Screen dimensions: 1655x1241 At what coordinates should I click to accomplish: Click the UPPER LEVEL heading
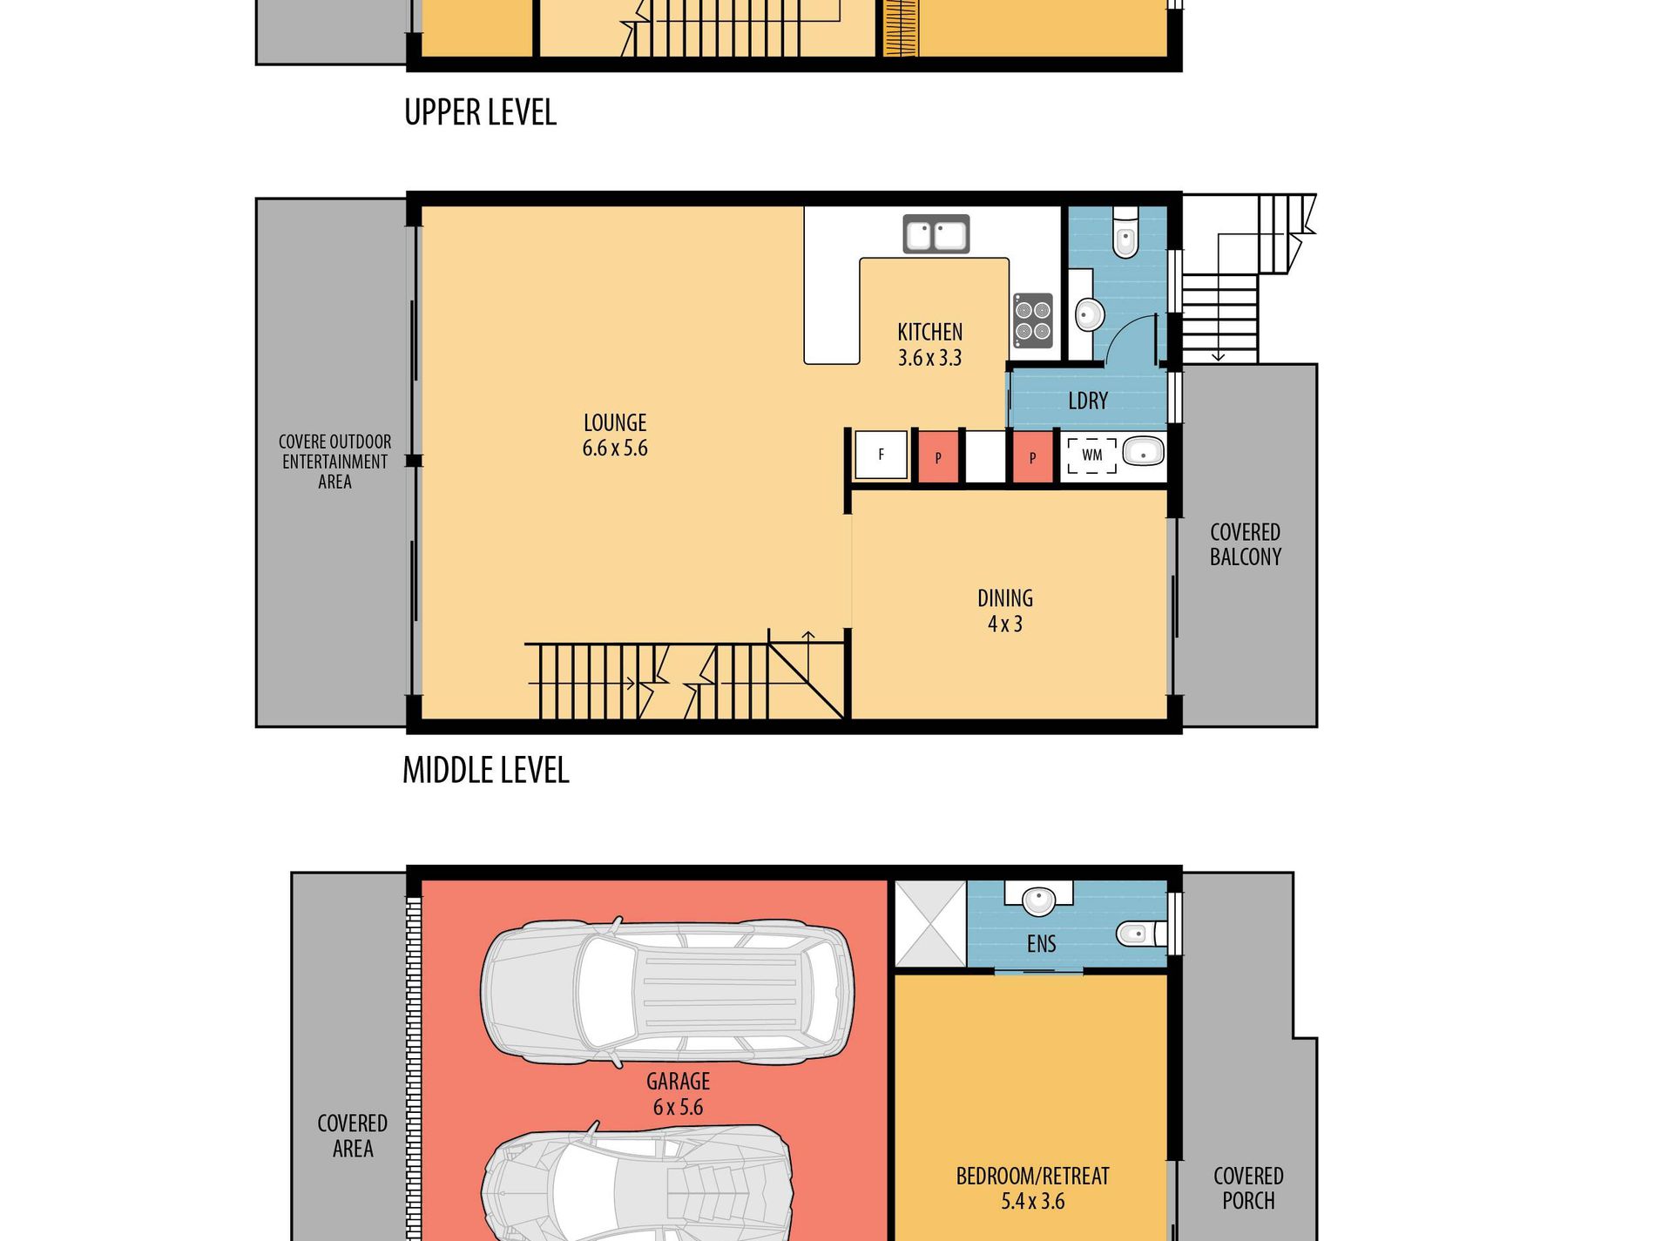(x=480, y=112)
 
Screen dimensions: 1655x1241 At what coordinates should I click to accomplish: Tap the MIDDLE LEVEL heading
(x=485, y=770)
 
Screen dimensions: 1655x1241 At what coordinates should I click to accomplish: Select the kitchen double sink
(x=936, y=234)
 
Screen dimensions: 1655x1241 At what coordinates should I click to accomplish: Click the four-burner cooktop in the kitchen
(x=1033, y=320)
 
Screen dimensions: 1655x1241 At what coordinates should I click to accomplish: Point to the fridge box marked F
(x=881, y=455)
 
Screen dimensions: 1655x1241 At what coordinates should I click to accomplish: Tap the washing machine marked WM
(x=1092, y=455)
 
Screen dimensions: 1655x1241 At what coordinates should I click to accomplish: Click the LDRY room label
(x=1088, y=401)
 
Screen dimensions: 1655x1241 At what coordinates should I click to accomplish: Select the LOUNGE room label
(x=615, y=423)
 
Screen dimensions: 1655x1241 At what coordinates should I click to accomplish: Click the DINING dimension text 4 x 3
(x=1005, y=624)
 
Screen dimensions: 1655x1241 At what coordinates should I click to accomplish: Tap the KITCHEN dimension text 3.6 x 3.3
(x=930, y=358)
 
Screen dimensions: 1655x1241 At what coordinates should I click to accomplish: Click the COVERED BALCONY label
(x=1246, y=544)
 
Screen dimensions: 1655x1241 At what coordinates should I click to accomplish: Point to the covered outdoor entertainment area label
(x=335, y=462)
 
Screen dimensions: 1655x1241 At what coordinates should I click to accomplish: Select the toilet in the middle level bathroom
(x=1125, y=233)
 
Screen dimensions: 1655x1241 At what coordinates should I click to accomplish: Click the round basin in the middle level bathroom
(x=1090, y=314)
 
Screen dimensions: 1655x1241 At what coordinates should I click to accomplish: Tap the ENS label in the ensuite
(x=1041, y=944)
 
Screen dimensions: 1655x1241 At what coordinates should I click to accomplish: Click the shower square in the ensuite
(x=931, y=923)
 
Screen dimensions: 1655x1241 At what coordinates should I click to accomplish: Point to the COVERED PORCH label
(x=1248, y=1188)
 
